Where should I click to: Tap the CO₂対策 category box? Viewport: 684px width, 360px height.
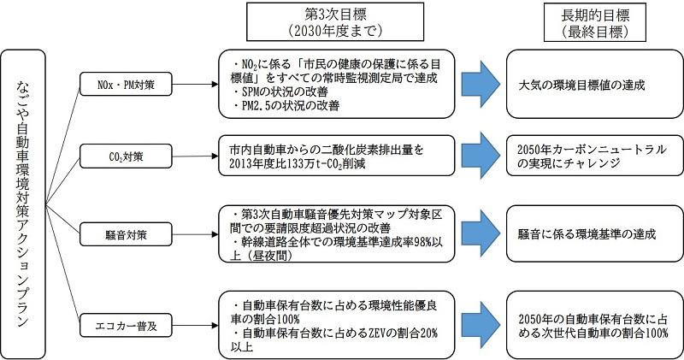(x=128, y=156)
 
